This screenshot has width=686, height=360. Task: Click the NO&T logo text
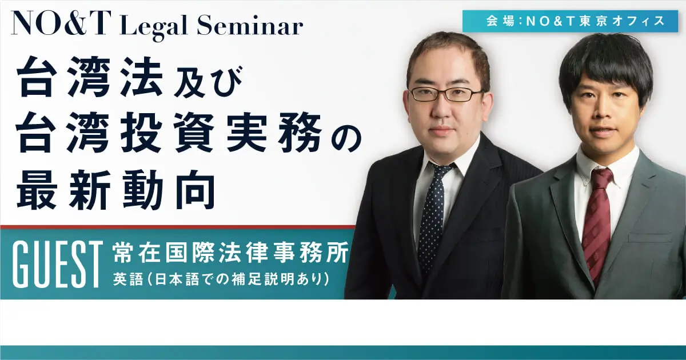pos(61,23)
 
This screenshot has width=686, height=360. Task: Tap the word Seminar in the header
pos(250,26)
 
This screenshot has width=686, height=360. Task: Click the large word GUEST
pos(58,265)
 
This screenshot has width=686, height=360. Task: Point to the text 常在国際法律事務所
pos(231,253)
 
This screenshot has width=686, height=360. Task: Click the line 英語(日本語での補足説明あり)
pos(221,279)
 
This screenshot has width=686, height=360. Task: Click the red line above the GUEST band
pos(178,227)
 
